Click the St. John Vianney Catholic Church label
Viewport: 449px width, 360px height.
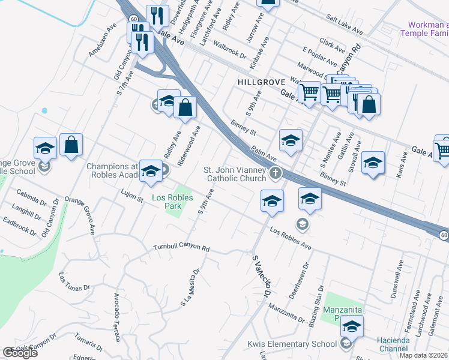point(235,173)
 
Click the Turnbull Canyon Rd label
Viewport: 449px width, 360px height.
point(181,247)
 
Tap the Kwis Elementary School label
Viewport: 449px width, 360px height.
point(292,344)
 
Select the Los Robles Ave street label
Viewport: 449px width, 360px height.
point(291,238)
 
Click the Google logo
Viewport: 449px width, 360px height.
point(20,353)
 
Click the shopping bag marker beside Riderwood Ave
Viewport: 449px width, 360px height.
point(187,108)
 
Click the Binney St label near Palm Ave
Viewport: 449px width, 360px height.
point(243,127)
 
